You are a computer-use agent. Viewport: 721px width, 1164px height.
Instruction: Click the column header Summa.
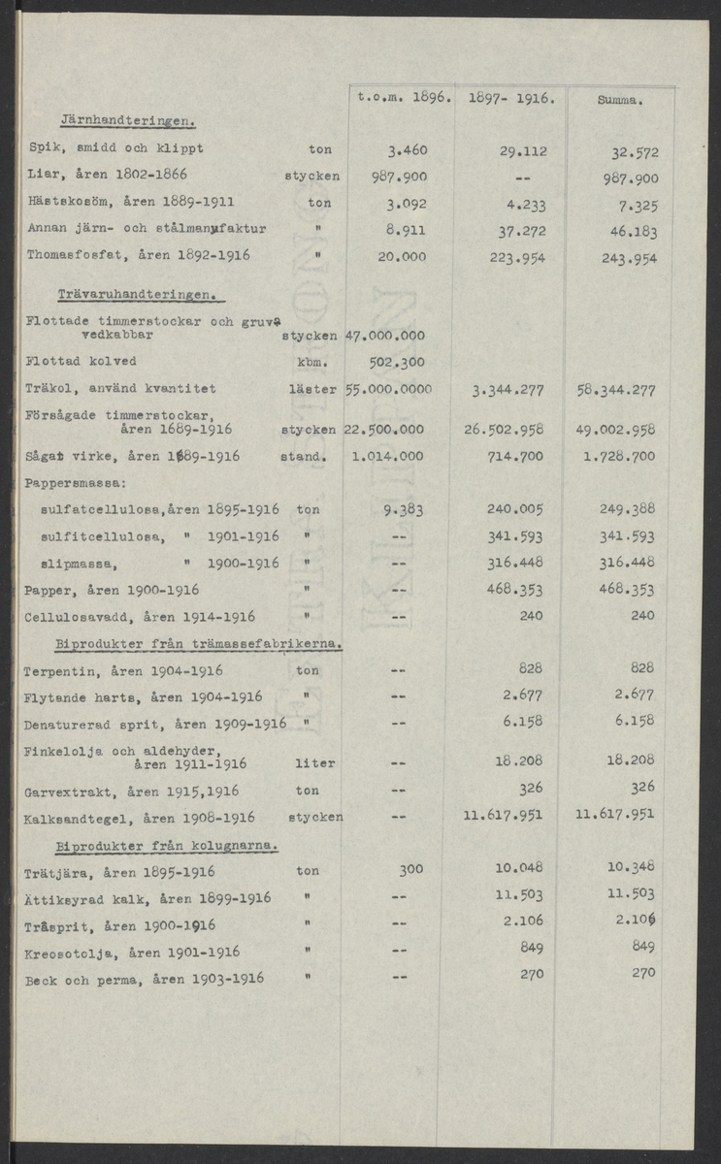coord(622,99)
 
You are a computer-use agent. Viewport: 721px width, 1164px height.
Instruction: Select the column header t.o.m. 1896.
coord(400,97)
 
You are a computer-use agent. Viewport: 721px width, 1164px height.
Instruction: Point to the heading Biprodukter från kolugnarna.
coord(167,846)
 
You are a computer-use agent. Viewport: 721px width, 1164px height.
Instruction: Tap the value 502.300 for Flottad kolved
coord(398,362)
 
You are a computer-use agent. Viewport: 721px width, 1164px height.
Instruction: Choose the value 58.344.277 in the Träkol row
coord(615,390)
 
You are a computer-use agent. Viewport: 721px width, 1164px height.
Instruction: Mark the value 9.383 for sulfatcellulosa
coord(402,509)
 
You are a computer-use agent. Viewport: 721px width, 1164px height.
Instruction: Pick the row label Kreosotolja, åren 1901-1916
coord(132,953)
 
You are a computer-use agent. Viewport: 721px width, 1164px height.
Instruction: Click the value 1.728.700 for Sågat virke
coord(618,456)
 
